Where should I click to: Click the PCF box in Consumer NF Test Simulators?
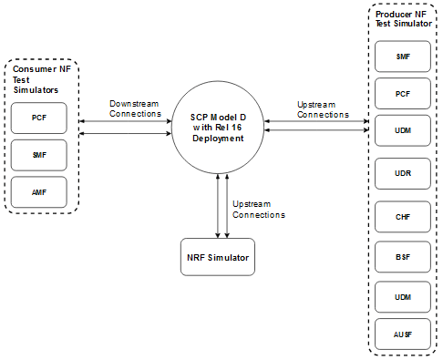tap(38, 118)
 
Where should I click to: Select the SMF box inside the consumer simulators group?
tap(38, 155)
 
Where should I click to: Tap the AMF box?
tap(38, 191)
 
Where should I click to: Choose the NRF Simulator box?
tap(217, 256)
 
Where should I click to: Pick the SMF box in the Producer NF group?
tap(402, 57)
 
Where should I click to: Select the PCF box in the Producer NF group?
tap(402, 94)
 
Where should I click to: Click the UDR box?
tap(402, 172)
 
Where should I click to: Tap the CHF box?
tap(402, 217)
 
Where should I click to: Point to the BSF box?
tap(402, 258)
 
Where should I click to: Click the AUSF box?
tap(402, 335)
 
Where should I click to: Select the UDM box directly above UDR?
tap(402, 131)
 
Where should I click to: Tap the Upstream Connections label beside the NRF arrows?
tap(259, 209)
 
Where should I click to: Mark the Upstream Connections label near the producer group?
tap(323, 109)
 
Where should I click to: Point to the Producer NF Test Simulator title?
tap(402, 20)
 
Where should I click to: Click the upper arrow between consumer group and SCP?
tap(126, 120)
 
